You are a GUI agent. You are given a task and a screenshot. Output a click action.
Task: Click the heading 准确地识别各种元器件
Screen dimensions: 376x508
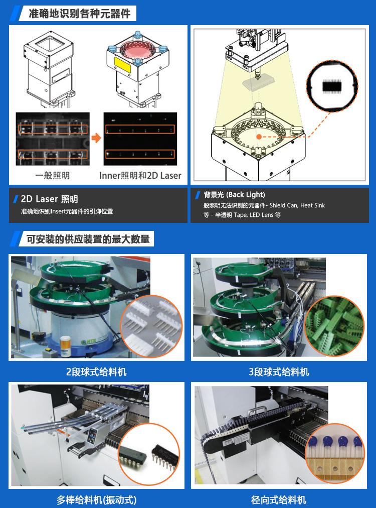click(80, 14)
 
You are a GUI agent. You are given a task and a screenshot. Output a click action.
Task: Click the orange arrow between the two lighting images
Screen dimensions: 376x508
click(96, 138)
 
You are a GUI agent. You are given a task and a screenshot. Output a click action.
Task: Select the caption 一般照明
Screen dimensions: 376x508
click(53, 175)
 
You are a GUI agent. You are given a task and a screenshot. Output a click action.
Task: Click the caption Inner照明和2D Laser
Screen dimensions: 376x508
click(140, 175)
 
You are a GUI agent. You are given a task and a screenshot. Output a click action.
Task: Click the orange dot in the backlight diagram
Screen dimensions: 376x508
click(259, 137)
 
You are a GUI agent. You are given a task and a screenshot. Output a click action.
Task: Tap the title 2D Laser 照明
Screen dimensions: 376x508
click(50, 199)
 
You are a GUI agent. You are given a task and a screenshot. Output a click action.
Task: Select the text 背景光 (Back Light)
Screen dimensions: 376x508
click(234, 194)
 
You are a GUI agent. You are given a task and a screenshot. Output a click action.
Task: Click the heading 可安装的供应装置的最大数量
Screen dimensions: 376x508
click(88, 239)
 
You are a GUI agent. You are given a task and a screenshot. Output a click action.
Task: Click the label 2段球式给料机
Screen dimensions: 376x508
click(96, 371)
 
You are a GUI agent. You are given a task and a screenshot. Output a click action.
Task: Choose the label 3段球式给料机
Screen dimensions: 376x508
click(279, 371)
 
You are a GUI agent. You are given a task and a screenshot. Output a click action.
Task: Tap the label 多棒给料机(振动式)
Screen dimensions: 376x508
click(96, 499)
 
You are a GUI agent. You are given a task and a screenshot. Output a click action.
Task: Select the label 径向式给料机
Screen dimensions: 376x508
click(279, 499)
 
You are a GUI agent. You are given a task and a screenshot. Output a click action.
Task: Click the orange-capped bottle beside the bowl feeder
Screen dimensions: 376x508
click(65, 346)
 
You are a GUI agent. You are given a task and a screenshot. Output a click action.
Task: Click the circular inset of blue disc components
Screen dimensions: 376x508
click(335, 453)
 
